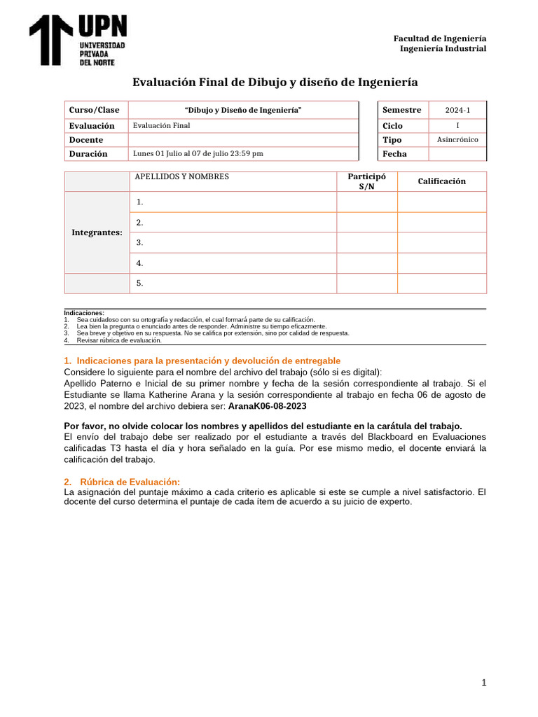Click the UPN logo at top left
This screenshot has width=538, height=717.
point(77,40)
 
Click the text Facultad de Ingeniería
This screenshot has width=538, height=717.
point(439,38)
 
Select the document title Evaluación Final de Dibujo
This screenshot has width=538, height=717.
point(275,83)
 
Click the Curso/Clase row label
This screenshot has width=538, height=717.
point(94,110)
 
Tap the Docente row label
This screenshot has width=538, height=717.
point(86,140)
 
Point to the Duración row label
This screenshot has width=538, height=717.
point(88,154)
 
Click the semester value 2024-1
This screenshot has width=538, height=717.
point(457,110)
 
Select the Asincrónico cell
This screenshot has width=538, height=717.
point(457,139)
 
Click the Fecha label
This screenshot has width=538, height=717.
point(394,154)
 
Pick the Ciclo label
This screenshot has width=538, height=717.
point(393,126)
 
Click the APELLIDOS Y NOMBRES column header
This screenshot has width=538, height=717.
point(182,177)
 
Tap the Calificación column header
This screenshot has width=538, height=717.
point(441,181)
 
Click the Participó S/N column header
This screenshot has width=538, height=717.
point(367,181)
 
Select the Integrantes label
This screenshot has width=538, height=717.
point(97,232)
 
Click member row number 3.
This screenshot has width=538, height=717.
point(140,242)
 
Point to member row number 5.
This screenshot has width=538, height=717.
point(140,284)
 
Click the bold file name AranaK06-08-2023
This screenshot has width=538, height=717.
point(268,407)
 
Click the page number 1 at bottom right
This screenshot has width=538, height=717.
point(483,683)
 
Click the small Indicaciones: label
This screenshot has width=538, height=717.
point(84,313)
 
